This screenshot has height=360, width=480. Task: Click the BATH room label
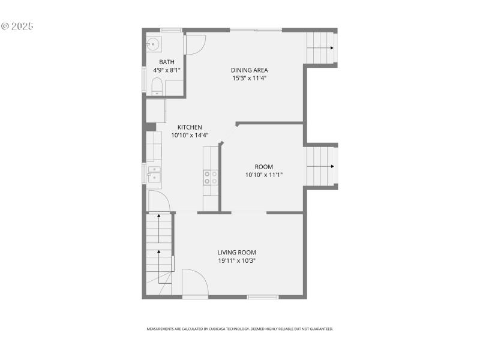[x=166, y=62]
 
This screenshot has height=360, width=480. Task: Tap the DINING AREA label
[x=249, y=70]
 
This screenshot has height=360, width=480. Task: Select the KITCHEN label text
[x=189, y=127]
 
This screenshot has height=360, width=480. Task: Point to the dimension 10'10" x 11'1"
[x=263, y=175]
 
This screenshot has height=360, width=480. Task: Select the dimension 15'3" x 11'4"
[x=249, y=78]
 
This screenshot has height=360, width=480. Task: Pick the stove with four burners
[x=211, y=177]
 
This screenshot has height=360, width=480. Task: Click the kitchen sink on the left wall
[x=154, y=174]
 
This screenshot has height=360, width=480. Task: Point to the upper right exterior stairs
[x=322, y=48]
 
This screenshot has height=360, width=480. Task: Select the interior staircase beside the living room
[x=159, y=252]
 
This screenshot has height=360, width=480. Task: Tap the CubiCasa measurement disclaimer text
[x=240, y=329]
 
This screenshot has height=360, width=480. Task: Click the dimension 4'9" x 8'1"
[x=166, y=70]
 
